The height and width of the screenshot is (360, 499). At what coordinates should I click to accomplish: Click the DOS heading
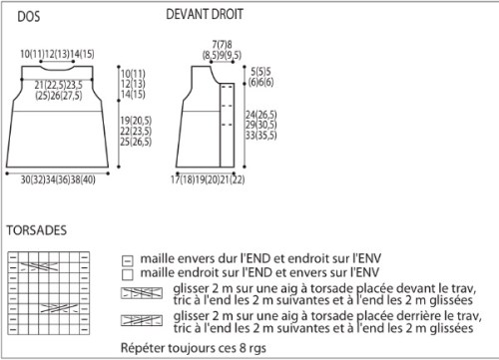pyautogui.click(x=29, y=17)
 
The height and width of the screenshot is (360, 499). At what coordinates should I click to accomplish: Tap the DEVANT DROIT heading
pyautogui.click(x=205, y=14)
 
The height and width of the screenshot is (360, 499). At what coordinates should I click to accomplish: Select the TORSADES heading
pyautogui.click(x=37, y=230)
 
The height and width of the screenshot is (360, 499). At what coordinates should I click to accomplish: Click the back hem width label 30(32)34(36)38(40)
pyautogui.click(x=58, y=180)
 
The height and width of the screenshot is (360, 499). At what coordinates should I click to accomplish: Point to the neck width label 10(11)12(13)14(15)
pyautogui.click(x=57, y=54)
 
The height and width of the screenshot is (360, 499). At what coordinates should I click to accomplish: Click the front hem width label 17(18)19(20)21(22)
pyautogui.click(x=208, y=180)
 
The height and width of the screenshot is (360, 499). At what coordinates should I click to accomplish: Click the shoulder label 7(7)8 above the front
pyautogui.click(x=223, y=44)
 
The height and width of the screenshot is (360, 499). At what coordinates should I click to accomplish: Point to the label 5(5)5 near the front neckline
pyautogui.click(x=260, y=72)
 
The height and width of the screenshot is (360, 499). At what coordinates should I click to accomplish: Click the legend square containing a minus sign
pyautogui.click(x=128, y=260)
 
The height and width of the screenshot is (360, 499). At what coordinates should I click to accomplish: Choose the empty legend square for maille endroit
pyautogui.click(x=128, y=274)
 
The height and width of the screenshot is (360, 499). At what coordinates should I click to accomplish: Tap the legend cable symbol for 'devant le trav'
pyautogui.click(x=142, y=293)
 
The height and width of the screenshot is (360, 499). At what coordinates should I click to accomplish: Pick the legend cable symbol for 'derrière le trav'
pyautogui.click(x=142, y=320)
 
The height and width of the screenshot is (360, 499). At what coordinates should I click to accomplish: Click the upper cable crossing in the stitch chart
pyautogui.click(x=39, y=267)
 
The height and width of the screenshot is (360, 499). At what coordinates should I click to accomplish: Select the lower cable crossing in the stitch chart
pyautogui.click(x=59, y=308)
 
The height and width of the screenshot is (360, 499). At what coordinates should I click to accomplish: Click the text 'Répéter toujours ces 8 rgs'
pyautogui.click(x=194, y=348)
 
